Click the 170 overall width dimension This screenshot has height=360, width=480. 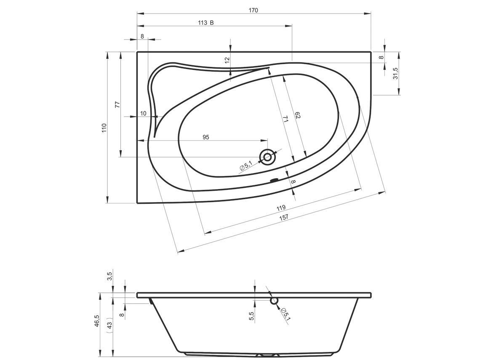coord(253,11)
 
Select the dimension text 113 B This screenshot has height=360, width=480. coord(206,23)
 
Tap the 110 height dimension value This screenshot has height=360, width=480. coord(104,128)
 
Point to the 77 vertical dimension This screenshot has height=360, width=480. coord(117,104)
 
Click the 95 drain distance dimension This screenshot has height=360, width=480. coord(206,137)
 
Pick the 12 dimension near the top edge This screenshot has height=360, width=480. coord(227,60)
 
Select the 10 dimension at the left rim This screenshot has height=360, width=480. coord(143,113)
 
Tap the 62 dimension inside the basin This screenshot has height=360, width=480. coord(297,116)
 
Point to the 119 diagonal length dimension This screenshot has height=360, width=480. coord(281,208)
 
